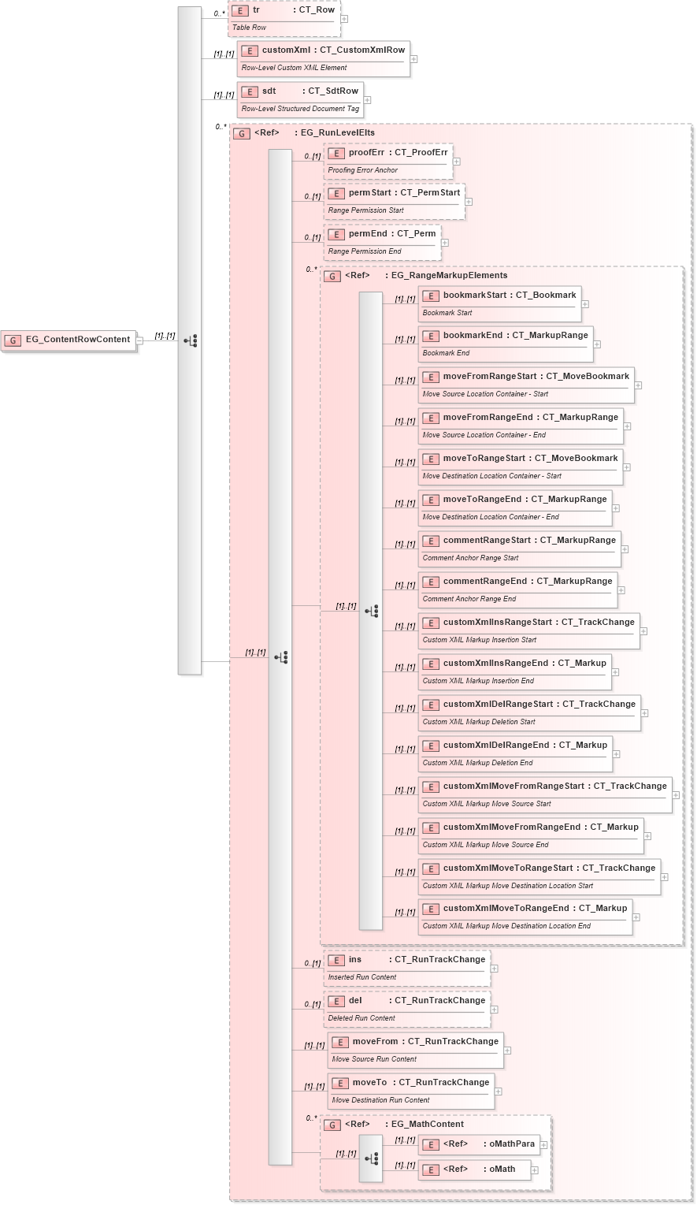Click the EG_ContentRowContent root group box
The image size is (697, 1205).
point(69,340)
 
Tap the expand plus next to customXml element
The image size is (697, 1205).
point(413,59)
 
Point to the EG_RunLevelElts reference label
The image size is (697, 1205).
point(337,132)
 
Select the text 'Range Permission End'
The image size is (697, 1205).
point(365,251)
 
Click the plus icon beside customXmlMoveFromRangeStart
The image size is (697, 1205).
point(676,795)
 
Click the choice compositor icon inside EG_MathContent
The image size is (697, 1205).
point(371,1159)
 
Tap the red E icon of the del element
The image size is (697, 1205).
point(336,1001)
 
